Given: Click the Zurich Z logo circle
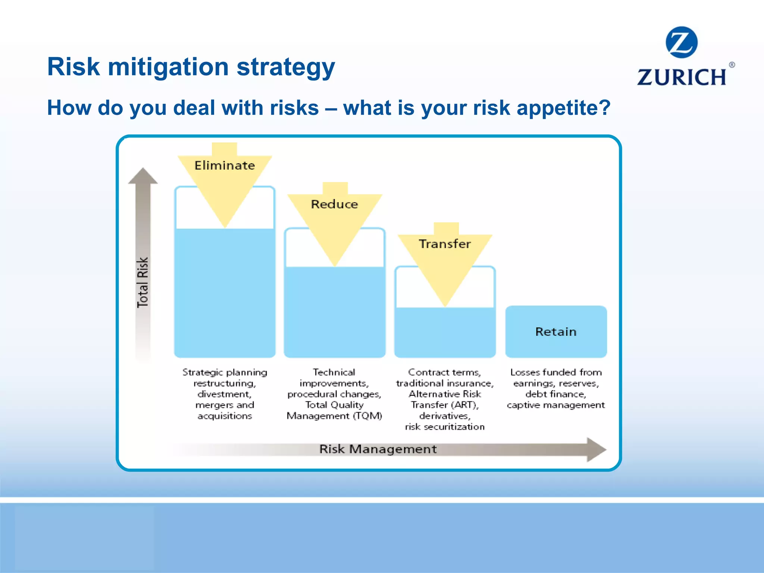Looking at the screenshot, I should coord(681,42).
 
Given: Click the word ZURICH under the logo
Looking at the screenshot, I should coord(681,77).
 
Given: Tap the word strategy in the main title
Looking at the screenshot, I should coord(286,67).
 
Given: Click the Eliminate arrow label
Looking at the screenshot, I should coord(225,165).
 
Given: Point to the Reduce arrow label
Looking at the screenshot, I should coord(334,204).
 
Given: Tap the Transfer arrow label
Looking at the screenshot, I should coord(445,244).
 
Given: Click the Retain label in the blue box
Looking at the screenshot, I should coord(556,332).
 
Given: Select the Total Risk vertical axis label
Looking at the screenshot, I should coord(143,282).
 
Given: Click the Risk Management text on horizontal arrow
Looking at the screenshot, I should coord(378,449).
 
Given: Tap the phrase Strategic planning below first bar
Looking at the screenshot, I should coord(225,372).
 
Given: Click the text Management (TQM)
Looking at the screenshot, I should coord(334,416).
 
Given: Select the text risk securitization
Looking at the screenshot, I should coord(445,427).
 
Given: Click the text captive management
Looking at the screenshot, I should coord(556,405).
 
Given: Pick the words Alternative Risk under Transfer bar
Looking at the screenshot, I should coord(445,394).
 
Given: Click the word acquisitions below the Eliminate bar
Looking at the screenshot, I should coord(225,416).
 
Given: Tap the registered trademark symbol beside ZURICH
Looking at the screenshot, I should coord(732,65).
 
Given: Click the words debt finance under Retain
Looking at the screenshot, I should coord(556,394).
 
